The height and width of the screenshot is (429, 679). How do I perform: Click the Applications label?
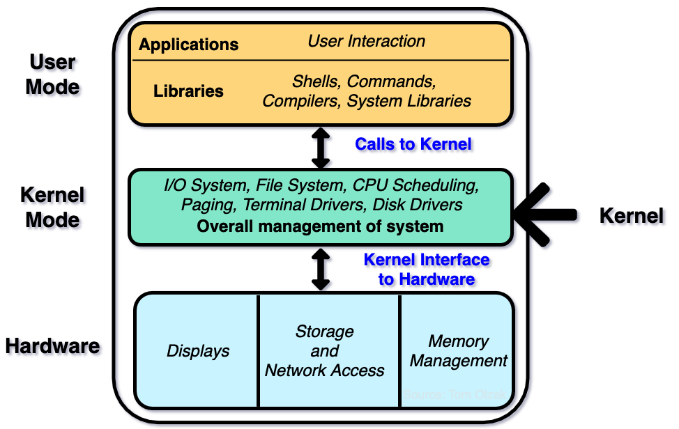(x=188, y=45)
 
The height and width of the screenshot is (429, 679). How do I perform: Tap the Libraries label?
(x=188, y=91)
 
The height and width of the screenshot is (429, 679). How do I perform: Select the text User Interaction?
(x=367, y=41)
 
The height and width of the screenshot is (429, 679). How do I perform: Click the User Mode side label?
(x=54, y=75)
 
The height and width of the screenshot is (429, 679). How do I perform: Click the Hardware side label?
(x=54, y=348)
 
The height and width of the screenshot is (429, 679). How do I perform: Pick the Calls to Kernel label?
(x=414, y=145)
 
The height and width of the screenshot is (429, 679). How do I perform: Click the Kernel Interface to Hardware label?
(x=427, y=270)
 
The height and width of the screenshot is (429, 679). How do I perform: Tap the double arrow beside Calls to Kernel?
(x=321, y=147)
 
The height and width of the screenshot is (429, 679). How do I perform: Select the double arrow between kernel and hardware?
(x=321, y=269)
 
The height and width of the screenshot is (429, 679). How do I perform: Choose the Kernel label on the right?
(x=633, y=217)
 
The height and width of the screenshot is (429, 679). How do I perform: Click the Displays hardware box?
(x=198, y=351)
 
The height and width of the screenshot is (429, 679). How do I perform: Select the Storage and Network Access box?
(x=325, y=351)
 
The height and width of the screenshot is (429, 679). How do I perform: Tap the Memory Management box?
(x=458, y=351)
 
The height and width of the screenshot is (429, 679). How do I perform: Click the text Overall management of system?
(x=320, y=226)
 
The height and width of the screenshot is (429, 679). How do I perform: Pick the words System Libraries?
(x=409, y=101)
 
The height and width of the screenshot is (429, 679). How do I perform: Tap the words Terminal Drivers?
(x=307, y=205)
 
